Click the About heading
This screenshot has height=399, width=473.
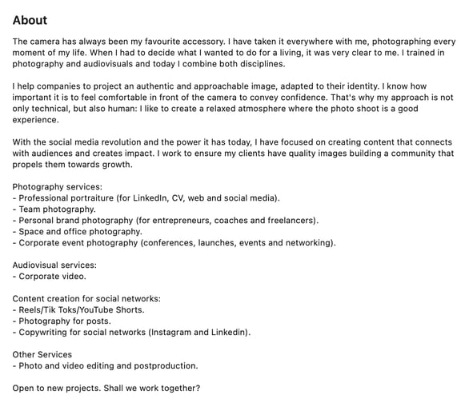point(30,20)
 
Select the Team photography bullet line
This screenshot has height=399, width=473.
point(57,209)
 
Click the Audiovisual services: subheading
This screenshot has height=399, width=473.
point(54,265)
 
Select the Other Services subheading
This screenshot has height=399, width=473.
point(42,354)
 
